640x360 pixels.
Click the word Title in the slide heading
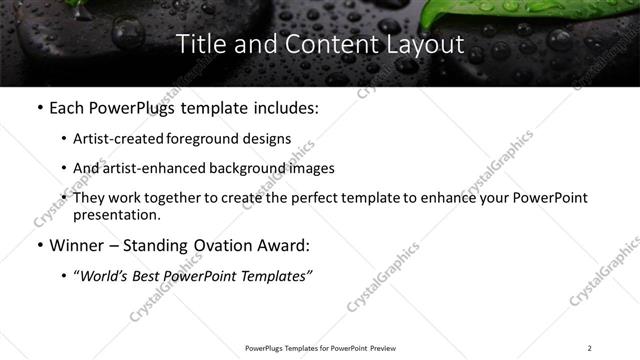(x=200, y=45)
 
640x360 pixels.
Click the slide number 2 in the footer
(x=590, y=347)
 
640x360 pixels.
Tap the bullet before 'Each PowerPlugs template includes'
(x=39, y=108)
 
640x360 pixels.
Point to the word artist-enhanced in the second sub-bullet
(x=149, y=168)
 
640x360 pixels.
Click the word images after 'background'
(x=310, y=168)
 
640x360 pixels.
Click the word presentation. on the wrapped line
(x=116, y=215)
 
